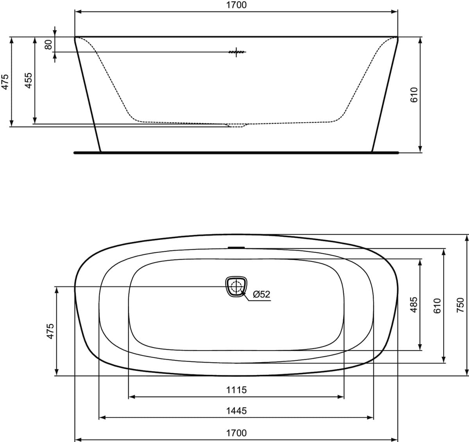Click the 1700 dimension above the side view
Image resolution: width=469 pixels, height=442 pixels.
pos(236,5)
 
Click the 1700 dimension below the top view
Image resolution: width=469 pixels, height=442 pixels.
pos(236,433)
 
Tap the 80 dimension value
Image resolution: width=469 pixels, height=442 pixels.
pos(48,45)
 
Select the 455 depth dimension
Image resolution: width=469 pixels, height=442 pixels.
pos(29,81)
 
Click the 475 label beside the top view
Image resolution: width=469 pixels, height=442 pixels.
pos(50,331)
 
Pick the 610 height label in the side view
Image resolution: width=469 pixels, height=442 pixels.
pos(414,95)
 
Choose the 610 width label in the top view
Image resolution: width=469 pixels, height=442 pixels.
pos(437,306)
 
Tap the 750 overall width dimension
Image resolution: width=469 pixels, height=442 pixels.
pos(460,306)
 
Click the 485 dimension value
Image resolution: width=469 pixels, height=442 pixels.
pos(414,305)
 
